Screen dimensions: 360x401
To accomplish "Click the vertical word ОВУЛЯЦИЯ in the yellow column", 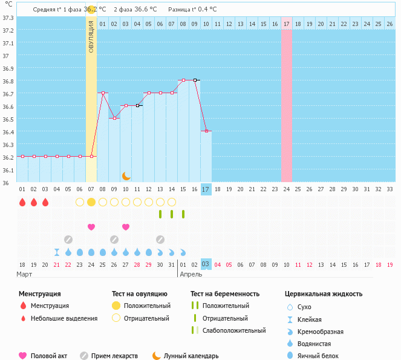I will tap(91, 37).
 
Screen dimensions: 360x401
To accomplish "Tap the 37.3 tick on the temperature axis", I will tap(8, 18).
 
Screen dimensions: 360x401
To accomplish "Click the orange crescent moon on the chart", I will tap(126, 176).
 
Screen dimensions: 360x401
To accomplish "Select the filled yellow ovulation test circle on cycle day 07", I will tap(91, 201).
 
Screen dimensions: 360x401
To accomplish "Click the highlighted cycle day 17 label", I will tap(206, 189).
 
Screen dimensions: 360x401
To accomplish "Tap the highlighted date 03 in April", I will tap(206, 264).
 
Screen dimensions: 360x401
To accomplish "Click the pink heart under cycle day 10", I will tap(126, 227).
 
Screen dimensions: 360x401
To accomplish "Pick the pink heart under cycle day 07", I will tap(91, 227).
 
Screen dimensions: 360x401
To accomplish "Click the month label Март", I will tap(25, 274).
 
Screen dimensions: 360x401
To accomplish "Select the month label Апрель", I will tap(192, 274).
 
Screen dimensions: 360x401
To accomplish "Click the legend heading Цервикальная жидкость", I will tap(324, 294).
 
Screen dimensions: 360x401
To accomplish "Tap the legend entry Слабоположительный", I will tap(234, 330).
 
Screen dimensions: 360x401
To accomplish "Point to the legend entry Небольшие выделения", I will tap(64, 318).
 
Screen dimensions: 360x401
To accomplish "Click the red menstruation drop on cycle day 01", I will tap(22, 201).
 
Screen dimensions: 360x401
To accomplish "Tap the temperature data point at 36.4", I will tap(206, 131).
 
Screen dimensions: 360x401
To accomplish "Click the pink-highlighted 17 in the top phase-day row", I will tap(287, 24).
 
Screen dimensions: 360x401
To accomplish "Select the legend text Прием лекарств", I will tap(114, 356).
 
